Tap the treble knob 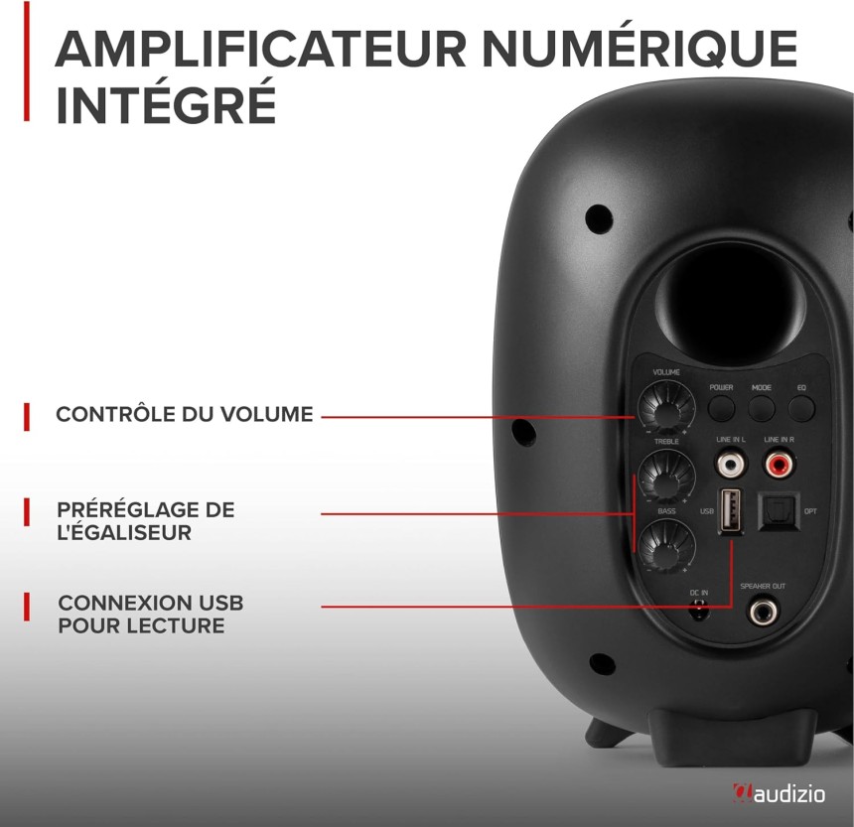[x=666, y=476]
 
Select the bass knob [x=666, y=544]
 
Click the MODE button [x=761, y=407]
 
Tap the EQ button [x=801, y=407]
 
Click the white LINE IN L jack [x=730, y=464]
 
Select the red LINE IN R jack [x=779, y=464]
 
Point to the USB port [x=730, y=509]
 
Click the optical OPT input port [x=779, y=510]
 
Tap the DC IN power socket [x=699, y=610]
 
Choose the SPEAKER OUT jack [x=763, y=611]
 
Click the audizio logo [x=779, y=794]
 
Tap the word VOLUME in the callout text [x=267, y=414]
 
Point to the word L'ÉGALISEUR [x=124, y=532]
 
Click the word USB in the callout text [x=220, y=603]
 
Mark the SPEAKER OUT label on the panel [x=763, y=586]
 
